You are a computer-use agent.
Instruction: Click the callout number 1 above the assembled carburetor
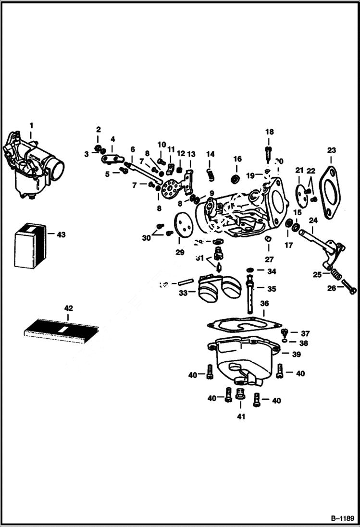pos(31,125)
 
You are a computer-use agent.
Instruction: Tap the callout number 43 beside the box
pos(61,235)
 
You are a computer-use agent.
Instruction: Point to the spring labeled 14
pos(210,175)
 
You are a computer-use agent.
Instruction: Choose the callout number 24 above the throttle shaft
pos(313,221)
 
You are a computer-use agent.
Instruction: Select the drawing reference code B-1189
pos(341,518)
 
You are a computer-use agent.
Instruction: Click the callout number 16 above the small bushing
pos(237,159)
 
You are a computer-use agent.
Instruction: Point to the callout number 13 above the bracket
pos(191,154)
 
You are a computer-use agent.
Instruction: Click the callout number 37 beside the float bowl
pos(306,333)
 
